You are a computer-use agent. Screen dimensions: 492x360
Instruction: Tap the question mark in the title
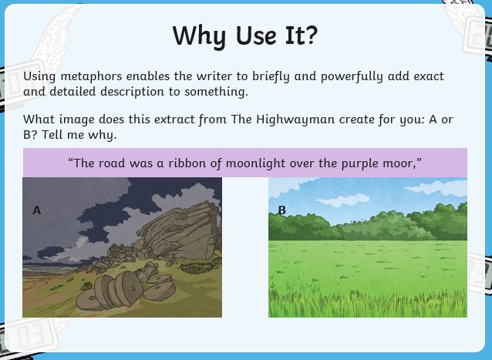click(x=312, y=35)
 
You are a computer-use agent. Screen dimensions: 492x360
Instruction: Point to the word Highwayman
click(x=295, y=119)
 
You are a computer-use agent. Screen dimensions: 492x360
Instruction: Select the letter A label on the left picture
click(x=37, y=210)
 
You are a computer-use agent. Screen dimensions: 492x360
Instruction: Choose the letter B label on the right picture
click(x=281, y=210)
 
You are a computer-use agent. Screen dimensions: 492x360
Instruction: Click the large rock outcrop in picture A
click(x=181, y=231)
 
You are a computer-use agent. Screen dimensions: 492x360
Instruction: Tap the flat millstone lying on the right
click(x=159, y=291)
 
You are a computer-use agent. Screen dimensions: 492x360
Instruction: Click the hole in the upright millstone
click(x=133, y=288)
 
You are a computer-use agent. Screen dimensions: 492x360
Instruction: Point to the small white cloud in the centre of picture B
click(x=343, y=200)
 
